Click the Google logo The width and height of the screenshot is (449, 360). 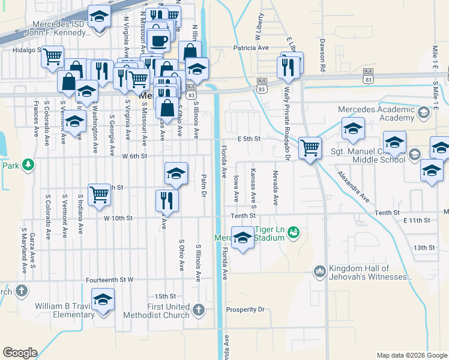20,353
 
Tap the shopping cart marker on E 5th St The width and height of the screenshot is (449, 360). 310,147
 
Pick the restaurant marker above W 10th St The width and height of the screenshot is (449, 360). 167,201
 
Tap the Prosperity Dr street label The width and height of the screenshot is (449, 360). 245,310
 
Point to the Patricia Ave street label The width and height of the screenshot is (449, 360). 249,48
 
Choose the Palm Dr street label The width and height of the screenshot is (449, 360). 204,185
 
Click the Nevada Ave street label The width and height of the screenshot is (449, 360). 276,188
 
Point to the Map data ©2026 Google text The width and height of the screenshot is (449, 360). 412,355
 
